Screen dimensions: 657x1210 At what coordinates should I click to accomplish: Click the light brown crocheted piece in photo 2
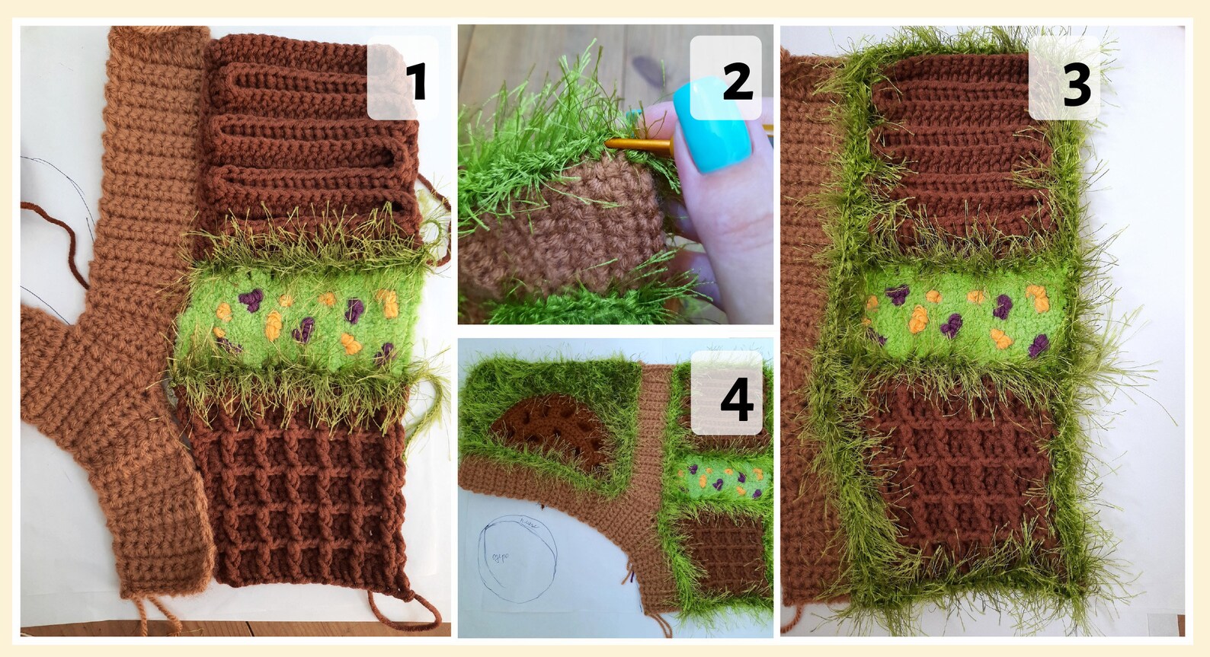pos(560,228)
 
